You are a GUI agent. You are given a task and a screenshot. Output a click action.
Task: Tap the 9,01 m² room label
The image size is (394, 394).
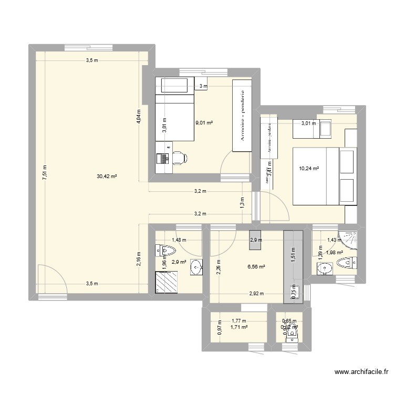[x=204, y=123]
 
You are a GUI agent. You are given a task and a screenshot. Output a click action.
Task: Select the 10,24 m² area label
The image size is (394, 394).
[x=309, y=169]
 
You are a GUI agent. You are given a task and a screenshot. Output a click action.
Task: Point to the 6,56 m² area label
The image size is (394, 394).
[x=256, y=267]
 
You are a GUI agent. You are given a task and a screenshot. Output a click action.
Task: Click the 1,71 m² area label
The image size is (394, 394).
[x=239, y=327]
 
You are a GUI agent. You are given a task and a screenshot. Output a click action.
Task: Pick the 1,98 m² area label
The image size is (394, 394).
[x=335, y=253]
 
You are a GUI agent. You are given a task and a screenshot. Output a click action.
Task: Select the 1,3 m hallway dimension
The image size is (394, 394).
[x=242, y=202]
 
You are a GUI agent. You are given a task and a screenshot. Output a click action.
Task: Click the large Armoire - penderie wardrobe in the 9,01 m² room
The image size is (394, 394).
[x=242, y=116]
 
